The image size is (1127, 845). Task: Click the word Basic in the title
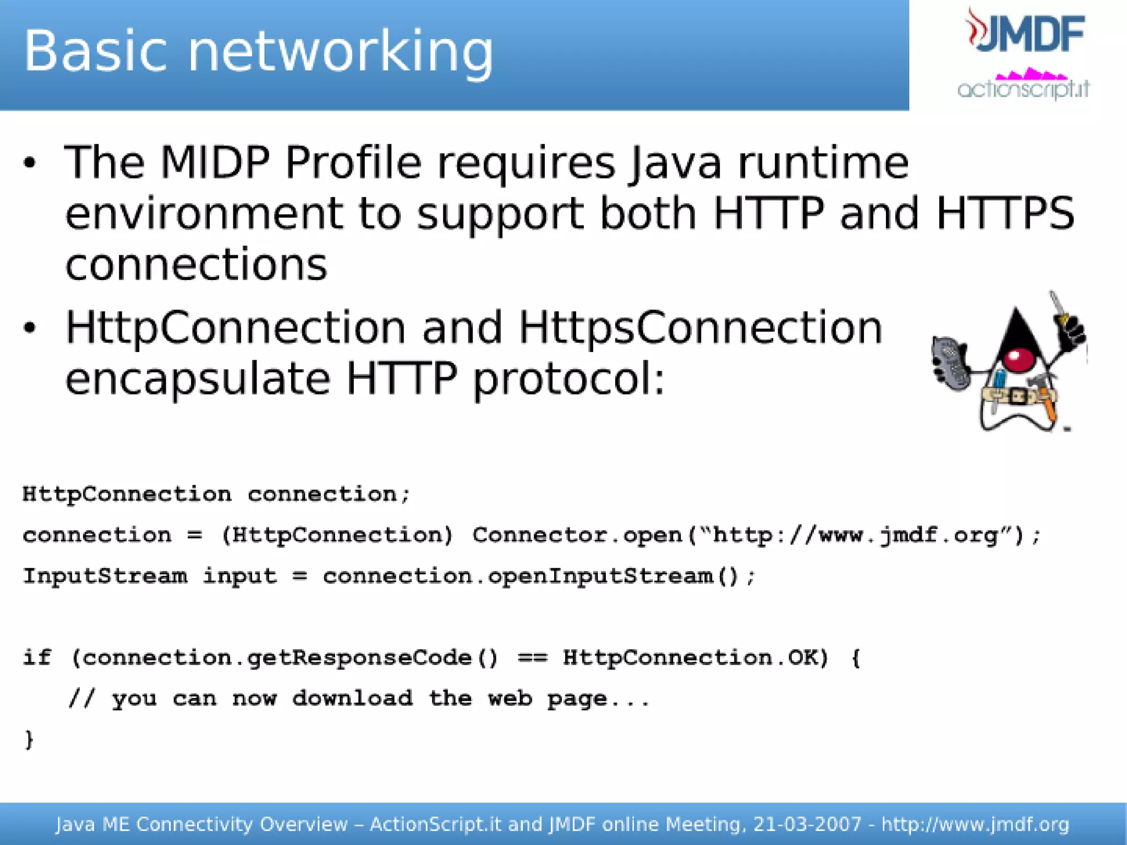(95, 51)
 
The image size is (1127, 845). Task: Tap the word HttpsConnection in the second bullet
(701, 328)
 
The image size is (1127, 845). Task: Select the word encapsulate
(198, 380)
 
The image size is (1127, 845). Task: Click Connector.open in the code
(577, 535)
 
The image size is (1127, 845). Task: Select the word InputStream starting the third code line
(105, 576)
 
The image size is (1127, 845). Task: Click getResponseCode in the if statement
(359, 657)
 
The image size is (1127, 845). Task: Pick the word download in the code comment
(352, 699)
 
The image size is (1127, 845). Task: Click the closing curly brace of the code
(29, 739)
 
